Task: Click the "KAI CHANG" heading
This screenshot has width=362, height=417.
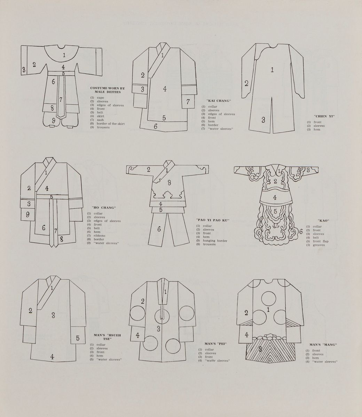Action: (219, 101)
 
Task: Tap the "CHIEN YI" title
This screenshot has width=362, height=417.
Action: (324, 116)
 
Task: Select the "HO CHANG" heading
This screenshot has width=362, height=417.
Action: (104, 207)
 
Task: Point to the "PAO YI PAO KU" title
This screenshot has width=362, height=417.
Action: (213, 220)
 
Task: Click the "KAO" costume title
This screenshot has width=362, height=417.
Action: (323, 221)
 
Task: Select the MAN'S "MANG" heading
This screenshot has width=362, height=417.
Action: (323, 345)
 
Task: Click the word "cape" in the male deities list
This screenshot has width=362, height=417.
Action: (101, 98)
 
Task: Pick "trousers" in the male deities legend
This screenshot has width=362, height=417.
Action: (103, 127)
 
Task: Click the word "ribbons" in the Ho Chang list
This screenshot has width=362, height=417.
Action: (100, 236)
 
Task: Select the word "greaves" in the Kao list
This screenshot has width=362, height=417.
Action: (319, 245)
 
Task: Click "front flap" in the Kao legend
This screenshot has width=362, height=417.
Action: (321, 241)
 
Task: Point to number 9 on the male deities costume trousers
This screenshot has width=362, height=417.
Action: (54, 121)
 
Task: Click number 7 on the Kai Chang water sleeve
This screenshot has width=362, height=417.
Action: (188, 101)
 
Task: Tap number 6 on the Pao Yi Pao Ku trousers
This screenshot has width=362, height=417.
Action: (159, 229)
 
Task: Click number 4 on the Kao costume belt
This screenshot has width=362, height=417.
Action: (275, 197)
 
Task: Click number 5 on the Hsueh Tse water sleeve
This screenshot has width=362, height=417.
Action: (78, 338)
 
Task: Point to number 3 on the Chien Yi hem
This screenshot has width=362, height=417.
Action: (263, 120)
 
